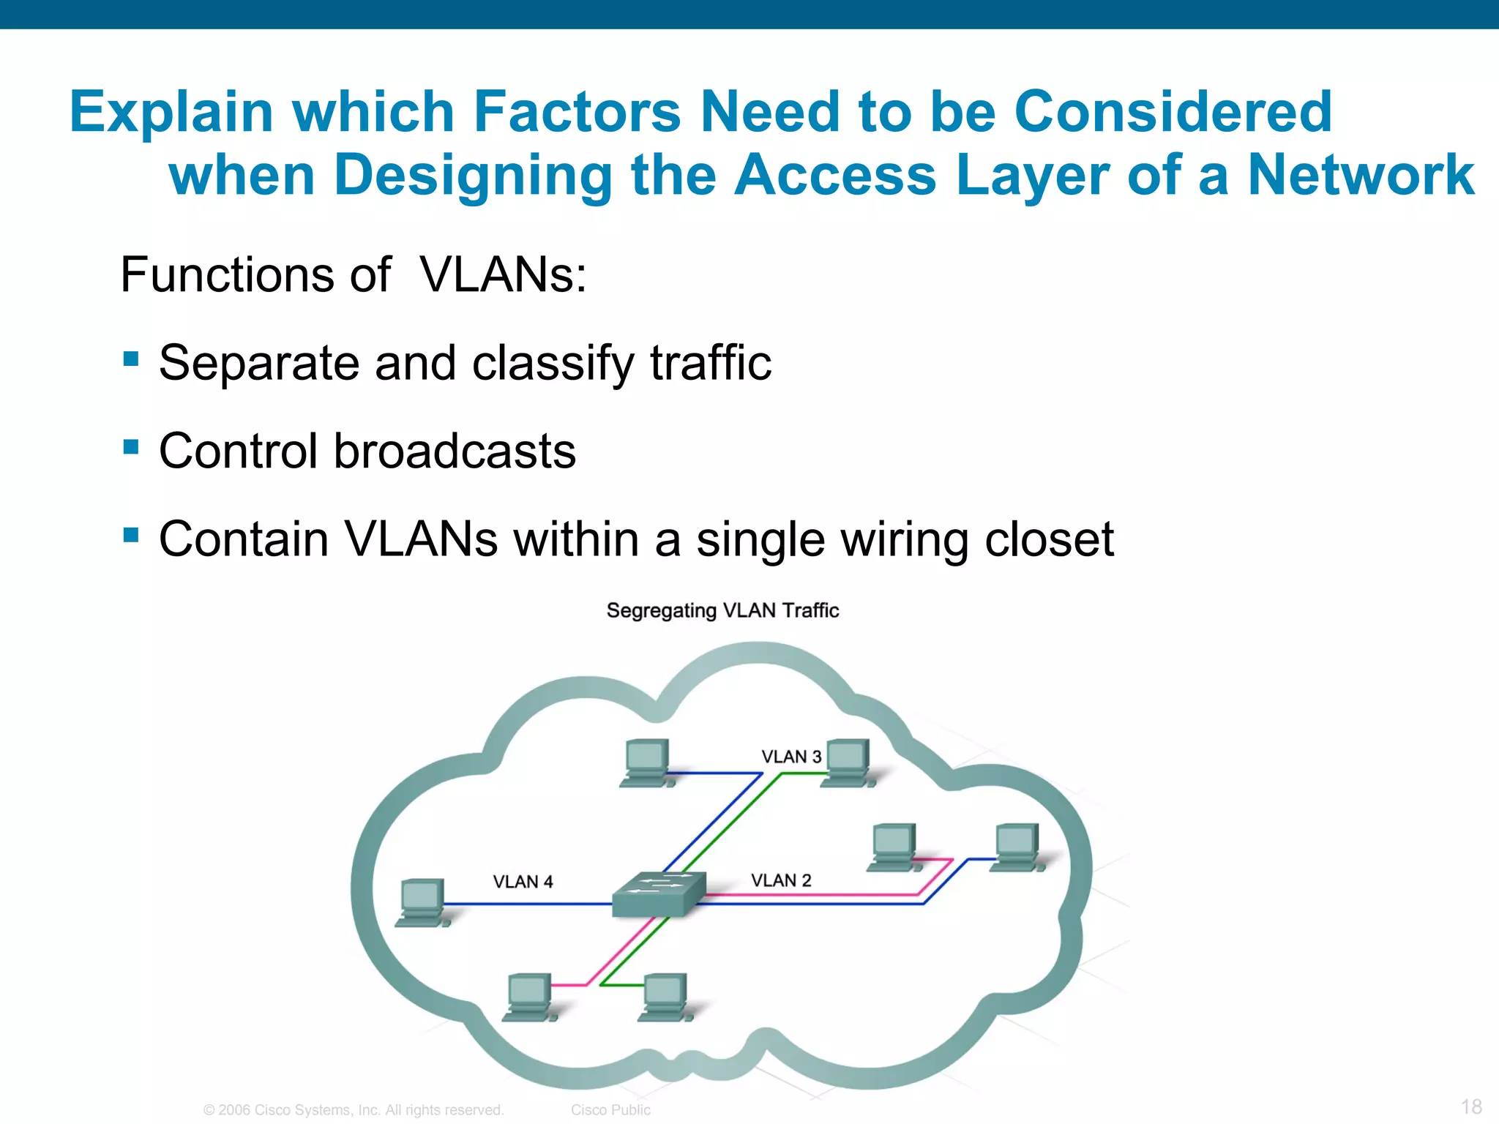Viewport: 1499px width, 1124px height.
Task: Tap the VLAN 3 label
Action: [791, 757]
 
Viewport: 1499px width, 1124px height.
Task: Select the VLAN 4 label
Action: [523, 882]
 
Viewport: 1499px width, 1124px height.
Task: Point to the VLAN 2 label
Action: [781, 880]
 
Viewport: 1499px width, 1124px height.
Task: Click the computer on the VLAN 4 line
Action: [422, 902]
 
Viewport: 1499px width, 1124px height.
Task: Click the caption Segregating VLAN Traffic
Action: [722, 610]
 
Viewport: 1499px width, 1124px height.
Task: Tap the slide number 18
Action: [1471, 1106]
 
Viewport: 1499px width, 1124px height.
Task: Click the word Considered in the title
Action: [1173, 111]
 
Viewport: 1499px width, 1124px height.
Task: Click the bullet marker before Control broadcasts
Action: [131, 446]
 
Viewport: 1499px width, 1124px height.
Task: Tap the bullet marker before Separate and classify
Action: [131, 359]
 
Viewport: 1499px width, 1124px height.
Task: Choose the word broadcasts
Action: [455, 451]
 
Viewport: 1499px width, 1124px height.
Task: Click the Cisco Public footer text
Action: [610, 1110]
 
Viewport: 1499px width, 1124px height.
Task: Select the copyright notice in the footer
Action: [354, 1110]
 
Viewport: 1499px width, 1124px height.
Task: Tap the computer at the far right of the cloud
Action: [1017, 847]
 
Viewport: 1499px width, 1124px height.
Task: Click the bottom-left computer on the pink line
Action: [529, 997]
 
